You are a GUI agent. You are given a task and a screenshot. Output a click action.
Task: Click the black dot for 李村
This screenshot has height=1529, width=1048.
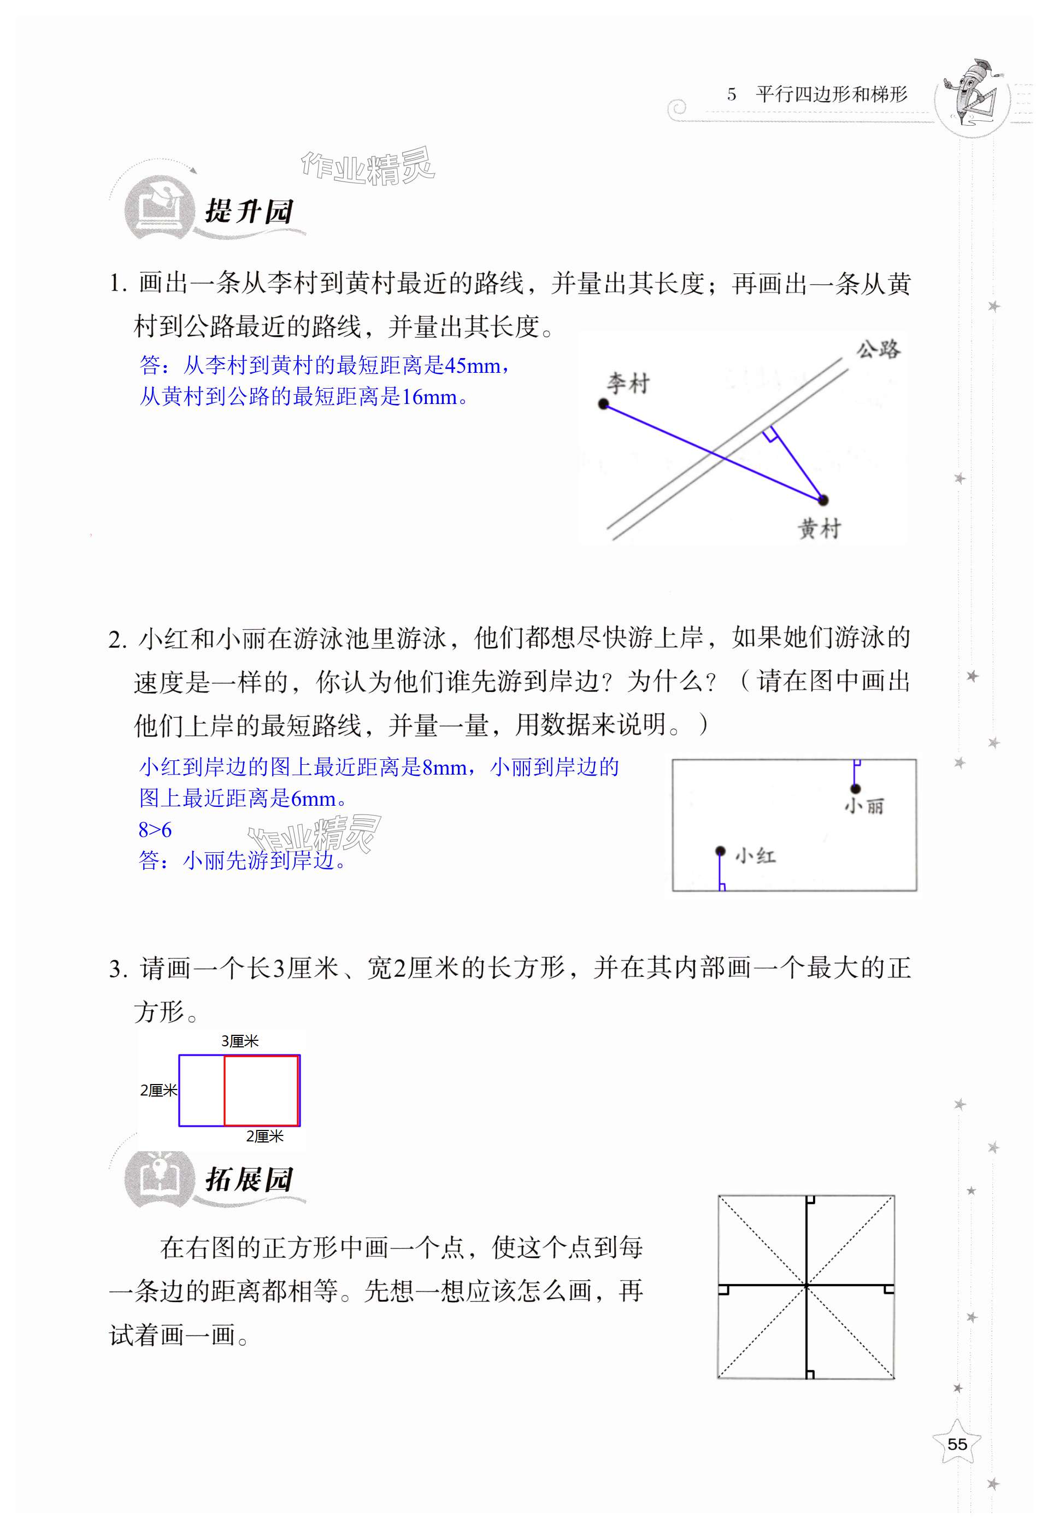click(x=604, y=404)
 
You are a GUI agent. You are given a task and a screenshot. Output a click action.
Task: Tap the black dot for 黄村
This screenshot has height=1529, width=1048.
click(x=822, y=501)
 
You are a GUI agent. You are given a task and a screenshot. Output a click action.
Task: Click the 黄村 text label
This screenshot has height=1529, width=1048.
click(x=819, y=528)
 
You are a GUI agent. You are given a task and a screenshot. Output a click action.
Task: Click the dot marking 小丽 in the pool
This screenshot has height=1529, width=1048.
click(x=855, y=788)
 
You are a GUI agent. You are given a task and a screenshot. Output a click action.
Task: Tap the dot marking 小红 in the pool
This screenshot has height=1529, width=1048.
click(x=721, y=851)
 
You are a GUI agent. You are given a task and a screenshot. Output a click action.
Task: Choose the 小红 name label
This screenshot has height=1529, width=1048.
click(x=756, y=856)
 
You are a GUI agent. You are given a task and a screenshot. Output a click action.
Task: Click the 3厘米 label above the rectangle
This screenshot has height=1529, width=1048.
click(x=239, y=1041)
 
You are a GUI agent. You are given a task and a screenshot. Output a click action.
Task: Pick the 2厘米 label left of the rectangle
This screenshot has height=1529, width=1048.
click(x=158, y=1090)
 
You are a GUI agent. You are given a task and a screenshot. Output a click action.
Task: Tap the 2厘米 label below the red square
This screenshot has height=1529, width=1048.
click(x=264, y=1136)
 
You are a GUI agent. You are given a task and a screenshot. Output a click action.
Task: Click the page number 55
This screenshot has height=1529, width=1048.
click(x=957, y=1444)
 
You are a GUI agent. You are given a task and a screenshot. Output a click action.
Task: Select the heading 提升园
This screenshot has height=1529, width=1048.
click(x=249, y=212)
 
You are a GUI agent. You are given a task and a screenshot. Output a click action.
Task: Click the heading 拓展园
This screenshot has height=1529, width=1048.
click(x=249, y=1180)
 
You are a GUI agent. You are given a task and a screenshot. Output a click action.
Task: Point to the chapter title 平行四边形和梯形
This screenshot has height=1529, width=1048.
click(x=831, y=95)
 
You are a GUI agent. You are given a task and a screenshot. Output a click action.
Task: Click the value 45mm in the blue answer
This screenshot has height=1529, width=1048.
click(x=472, y=366)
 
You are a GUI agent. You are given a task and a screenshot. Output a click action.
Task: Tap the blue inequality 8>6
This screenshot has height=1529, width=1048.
click(x=155, y=830)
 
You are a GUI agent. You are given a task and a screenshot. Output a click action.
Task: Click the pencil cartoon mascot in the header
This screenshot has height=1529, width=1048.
click(x=972, y=92)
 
